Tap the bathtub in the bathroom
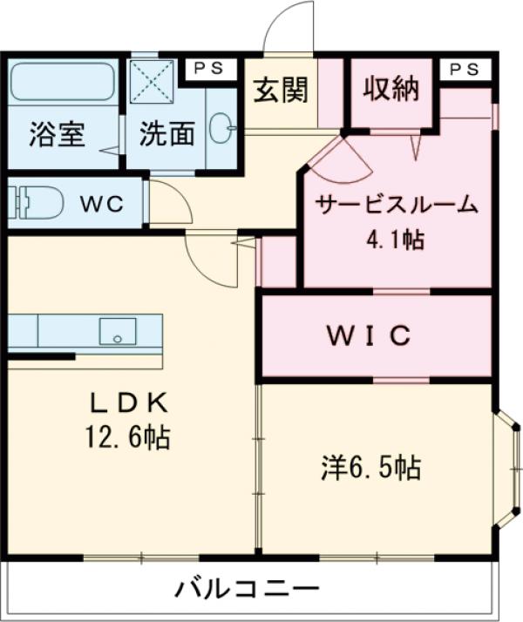point(63,85)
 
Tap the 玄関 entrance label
point(279,90)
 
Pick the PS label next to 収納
point(464,70)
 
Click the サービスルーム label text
point(396,206)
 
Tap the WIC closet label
point(370,335)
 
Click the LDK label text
point(132,402)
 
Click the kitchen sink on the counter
point(117,330)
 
